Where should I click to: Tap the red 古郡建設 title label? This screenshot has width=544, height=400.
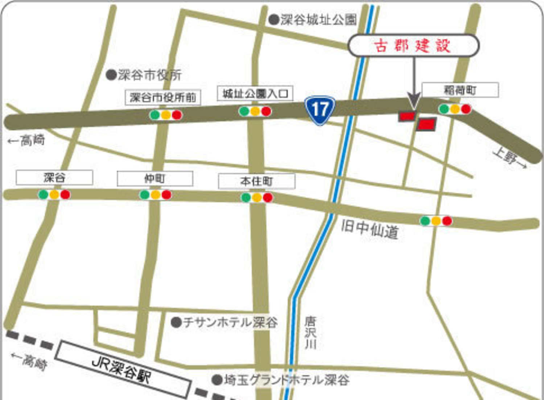click(x=413, y=46)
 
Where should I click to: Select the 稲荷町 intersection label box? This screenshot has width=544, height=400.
click(x=460, y=90)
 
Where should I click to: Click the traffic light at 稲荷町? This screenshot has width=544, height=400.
click(x=455, y=109)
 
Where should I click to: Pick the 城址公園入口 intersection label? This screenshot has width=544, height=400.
click(x=255, y=94)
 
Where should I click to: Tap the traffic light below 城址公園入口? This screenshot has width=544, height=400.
click(x=255, y=111)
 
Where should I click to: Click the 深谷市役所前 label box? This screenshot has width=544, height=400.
click(x=163, y=98)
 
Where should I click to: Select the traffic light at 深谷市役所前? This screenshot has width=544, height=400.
click(x=166, y=115)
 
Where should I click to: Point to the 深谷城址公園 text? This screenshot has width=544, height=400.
click(x=318, y=20)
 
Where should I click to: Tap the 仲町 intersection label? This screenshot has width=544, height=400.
click(x=155, y=178)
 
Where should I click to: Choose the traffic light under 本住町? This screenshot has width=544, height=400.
click(x=257, y=198)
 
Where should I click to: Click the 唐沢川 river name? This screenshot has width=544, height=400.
click(x=310, y=333)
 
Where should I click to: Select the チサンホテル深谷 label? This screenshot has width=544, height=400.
click(x=230, y=322)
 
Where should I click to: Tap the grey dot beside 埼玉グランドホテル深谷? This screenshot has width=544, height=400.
click(x=217, y=380)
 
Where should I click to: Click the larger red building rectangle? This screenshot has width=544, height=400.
click(x=426, y=124)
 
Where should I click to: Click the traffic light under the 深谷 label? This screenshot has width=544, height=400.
click(x=54, y=195)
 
